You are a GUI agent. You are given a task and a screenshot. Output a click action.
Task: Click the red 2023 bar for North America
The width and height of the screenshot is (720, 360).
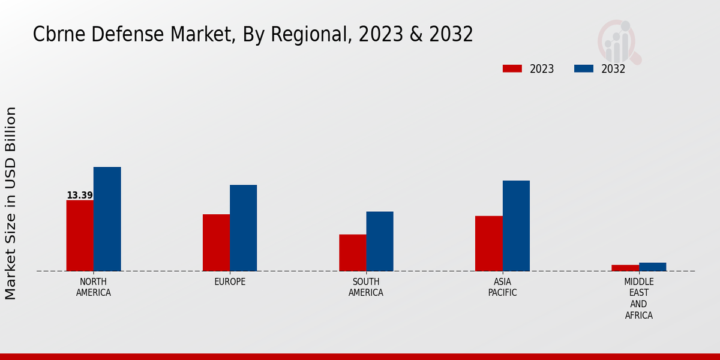point(80,235)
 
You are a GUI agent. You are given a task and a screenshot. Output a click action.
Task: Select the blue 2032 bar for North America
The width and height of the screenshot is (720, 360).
point(107,219)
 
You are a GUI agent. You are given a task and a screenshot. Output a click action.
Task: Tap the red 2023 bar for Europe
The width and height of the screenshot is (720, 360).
point(216,242)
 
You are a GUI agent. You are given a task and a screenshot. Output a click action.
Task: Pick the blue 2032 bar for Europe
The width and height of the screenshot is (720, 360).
point(243,228)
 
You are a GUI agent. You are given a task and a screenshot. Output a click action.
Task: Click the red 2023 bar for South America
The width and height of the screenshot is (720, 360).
point(352,253)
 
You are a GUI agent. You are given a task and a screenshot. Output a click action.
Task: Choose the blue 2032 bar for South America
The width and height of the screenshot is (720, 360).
point(380,241)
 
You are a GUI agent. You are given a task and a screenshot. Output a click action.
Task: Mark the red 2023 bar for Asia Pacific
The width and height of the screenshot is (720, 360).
point(488,244)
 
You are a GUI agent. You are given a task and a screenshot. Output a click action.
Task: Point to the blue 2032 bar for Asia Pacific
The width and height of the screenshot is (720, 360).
point(516,226)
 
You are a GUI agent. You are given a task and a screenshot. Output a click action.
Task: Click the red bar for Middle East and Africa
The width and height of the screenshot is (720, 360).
point(625,268)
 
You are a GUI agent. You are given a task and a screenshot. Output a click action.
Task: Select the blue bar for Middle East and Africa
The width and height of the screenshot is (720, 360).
point(652,266)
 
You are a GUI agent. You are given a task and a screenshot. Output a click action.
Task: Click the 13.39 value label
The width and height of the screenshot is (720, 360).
point(80,195)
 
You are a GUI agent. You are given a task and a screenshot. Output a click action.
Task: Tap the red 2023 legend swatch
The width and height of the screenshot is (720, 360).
point(512,68)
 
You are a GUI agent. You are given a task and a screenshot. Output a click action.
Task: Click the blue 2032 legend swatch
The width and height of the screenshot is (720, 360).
point(583,68)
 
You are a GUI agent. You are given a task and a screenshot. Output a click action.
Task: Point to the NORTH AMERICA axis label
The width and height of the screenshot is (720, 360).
point(93,287)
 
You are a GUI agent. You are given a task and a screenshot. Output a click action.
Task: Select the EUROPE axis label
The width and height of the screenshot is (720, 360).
point(230,282)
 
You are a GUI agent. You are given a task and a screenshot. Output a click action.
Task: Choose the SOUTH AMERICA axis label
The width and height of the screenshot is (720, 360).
point(366,287)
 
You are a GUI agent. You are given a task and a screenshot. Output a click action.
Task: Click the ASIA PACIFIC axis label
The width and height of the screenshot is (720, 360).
point(502,287)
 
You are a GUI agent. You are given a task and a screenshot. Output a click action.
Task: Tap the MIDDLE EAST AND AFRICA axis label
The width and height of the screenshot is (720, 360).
point(638,298)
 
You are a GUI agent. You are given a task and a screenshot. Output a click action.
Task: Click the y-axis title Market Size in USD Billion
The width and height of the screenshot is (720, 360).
point(11,203)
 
